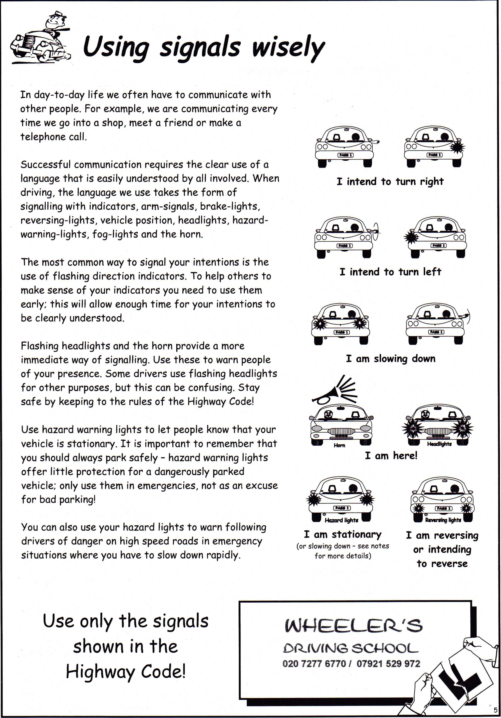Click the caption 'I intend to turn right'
pyautogui.click(x=390, y=181)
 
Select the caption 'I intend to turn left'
pyautogui.click(x=390, y=272)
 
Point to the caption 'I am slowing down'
pyautogui.click(x=390, y=358)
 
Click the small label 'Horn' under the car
pyautogui.click(x=339, y=445)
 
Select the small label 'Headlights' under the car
pyautogui.click(x=439, y=444)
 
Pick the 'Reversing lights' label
pyautogui.click(x=443, y=520)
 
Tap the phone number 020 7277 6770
pyautogui.click(x=314, y=664)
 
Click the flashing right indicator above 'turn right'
pyautogui.click(x=457, y=147)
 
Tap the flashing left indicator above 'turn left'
pyautogui.click(x=410, y=237)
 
